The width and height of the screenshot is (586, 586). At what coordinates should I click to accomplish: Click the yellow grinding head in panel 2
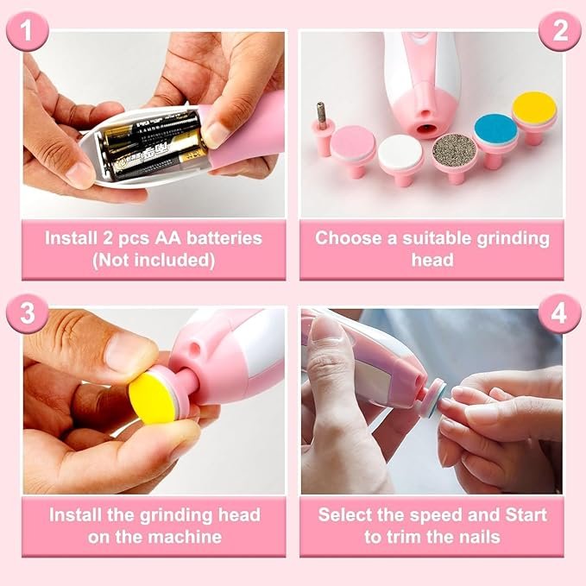click(x=533, y=109)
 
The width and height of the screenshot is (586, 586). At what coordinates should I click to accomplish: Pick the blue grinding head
click(x=495, y=129)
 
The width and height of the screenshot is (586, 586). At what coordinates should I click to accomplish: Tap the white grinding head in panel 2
click(x=400, y=151)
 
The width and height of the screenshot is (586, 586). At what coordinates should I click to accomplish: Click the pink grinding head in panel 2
click(x=354, y=142)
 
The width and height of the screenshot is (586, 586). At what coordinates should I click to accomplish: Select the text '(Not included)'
click(x=154, y=259)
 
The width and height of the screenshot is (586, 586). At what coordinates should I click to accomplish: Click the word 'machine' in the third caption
click(x=184, y=537)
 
